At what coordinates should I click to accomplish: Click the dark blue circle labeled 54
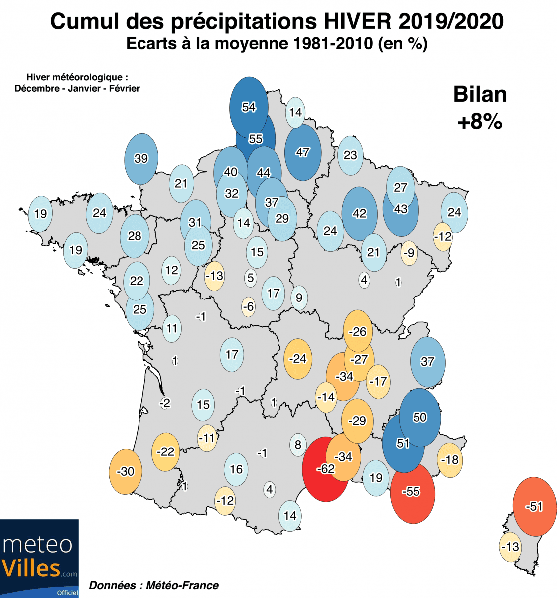coord(249,107)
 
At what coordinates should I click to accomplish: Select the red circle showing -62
coord(325,469)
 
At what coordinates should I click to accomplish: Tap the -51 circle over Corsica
coord(534,507)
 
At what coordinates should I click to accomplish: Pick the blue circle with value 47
coord(303,152)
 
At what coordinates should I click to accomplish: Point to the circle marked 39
coord(141,158)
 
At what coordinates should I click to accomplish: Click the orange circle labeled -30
coord(126,471)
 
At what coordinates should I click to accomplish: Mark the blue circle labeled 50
coord(420,417)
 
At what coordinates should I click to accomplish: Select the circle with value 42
coord(359,213)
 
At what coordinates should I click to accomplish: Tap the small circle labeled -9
coord(409,252)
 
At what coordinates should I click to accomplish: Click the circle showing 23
coord(350,155)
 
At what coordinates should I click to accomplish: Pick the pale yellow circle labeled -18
coord(450,459)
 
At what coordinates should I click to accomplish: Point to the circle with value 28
coord(135,236)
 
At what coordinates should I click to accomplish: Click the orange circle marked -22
coord(166,452)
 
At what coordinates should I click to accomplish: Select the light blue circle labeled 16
coord(236,469)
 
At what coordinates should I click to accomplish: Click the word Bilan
coord(480,95)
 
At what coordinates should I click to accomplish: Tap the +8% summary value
coord(480,121)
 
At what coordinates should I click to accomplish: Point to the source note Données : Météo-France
coord(153,585)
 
